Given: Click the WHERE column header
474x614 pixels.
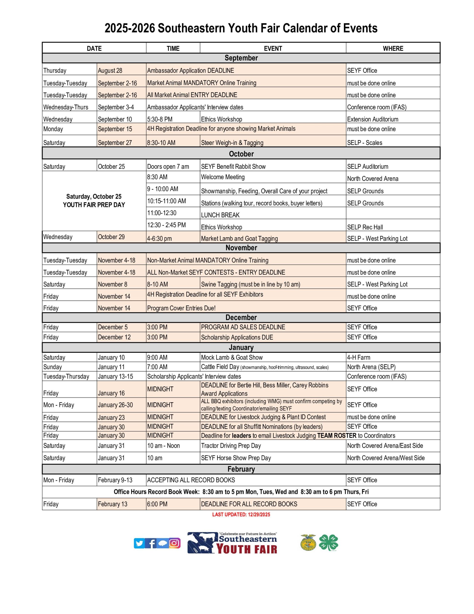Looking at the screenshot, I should tap(393, 48).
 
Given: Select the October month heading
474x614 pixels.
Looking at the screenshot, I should tap(241, 154).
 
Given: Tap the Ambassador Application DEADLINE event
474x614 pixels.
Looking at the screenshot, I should tap(191, 70).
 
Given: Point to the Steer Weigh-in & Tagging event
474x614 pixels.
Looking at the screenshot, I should tap(232, 142).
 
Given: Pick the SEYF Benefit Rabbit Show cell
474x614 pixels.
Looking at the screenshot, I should tap(233, 166).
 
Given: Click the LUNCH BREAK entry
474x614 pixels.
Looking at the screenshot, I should tap(220, 215).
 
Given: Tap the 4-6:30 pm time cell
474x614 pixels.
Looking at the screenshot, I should tap(159, 238).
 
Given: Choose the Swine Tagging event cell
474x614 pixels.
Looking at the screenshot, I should tap(250, 284).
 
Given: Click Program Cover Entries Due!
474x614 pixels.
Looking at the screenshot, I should tap(181, 308).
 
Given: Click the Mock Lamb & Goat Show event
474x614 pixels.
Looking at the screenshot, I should tap(232, 357).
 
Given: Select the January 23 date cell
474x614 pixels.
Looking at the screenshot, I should tap(111, 417).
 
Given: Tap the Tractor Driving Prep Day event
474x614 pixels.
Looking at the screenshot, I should tap(231, 446).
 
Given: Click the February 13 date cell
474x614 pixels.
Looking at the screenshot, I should tap(112, 504).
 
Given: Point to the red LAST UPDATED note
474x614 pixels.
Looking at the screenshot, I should tap(241, 514).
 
